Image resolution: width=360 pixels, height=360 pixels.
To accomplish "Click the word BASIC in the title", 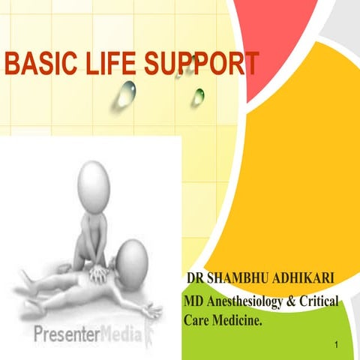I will click(37, 64).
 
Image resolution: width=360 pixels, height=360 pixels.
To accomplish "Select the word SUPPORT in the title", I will click(202, 64).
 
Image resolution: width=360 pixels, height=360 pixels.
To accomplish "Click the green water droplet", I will click(199, 96).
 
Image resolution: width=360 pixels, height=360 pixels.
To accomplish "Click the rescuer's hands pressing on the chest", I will click(98, 272).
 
